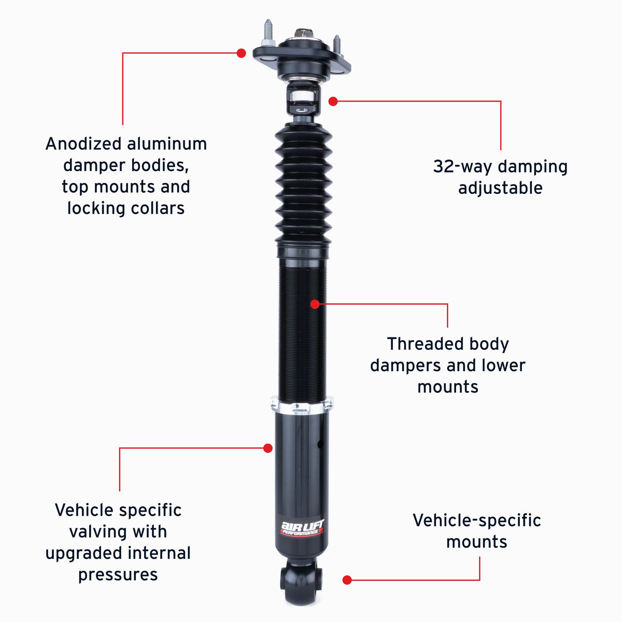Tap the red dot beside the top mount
[x=241, y=53]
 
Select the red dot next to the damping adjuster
[x=333, y=102]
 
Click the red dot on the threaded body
[x=315, y=304]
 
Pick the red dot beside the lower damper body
[x=267, y=448]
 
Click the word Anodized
[x=83, y=144]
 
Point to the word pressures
[x=118, y=575]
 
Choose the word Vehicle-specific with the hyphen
[x=477, y=520]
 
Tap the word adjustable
[x=500, y=188]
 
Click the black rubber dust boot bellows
[x=303, y=184]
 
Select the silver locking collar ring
[x=302, y=405]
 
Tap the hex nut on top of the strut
[x=304, y=34]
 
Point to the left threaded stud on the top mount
[x=268, y=32]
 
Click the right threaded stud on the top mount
[x=337, y=45]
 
